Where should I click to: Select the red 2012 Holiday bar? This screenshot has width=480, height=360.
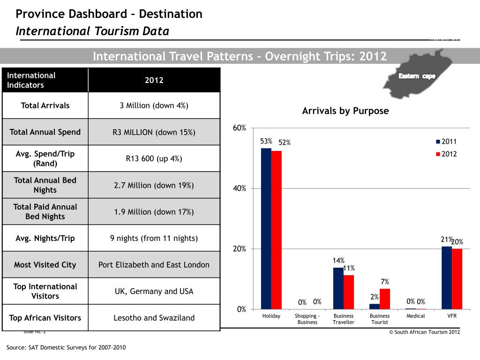[x=276, y=230]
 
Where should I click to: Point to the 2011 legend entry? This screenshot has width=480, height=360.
[x=446, y=142]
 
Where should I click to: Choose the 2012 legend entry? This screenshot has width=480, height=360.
[x=446, y=154]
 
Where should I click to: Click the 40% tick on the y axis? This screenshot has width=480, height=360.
[x=240, y=188]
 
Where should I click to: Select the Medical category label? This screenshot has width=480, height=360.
[x=416, y=316]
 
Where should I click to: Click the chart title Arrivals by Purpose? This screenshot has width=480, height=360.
[x=345, y=111]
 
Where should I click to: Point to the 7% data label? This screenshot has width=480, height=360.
[x=385, y=282]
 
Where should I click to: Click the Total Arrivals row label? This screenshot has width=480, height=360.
[x=45, y=105]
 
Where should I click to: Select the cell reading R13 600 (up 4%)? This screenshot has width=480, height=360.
[x=154, y=158]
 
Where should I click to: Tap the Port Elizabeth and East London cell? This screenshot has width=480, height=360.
[x=154, y=264]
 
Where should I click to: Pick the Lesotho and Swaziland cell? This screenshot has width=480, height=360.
[x=154, y=318]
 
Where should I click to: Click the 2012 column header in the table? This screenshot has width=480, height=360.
[x=154, y=80]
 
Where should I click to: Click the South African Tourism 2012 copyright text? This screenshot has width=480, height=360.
[x=425, y=332]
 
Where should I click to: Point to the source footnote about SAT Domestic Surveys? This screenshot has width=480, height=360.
[x=66, y=347]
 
